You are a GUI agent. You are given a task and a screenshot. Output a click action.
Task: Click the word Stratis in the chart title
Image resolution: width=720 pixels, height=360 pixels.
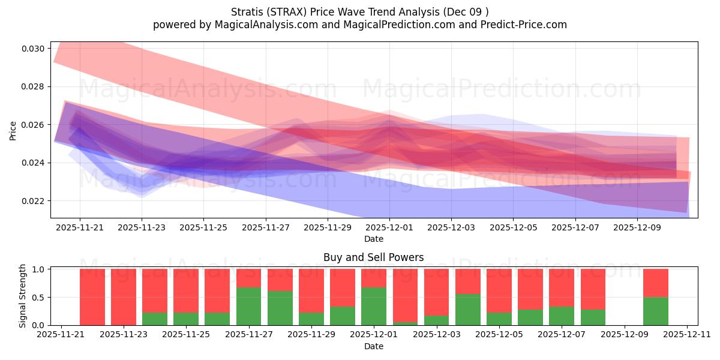pyautogui.click(x=247, y=11)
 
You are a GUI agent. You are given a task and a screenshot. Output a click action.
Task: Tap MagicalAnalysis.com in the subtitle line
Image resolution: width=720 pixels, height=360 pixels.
pyautogui.click(x=263, y=25)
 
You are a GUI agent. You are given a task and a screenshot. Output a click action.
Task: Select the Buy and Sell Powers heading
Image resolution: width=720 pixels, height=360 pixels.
pyautogui.click(x=373, y=257)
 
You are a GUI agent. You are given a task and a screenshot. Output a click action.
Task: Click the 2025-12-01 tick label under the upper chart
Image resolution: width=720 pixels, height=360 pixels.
pyautogui.click(x=389, y=228)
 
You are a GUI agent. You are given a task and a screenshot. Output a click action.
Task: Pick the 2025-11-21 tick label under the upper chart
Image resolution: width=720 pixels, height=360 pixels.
pyautogui.click(x=80, y=228)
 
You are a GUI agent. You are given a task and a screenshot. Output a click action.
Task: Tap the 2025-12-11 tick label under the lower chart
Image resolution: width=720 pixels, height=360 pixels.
pyautogui.click(x=687, y=335)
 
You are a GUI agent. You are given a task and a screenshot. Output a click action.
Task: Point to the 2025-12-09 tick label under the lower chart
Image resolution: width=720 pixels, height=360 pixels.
pyautogui.click(x=625, y=335)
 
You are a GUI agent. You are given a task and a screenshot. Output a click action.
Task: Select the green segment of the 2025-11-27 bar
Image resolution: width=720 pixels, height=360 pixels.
pyautogui.click(x=248, y=306)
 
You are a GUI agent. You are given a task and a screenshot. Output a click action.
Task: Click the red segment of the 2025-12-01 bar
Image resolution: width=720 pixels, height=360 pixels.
pyautogui.click(x=374, y=278)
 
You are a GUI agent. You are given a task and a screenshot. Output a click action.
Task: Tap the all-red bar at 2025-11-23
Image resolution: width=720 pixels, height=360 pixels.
pyautogui.click(x=124, y=296)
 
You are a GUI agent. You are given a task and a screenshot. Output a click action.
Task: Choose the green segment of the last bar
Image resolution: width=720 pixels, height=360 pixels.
pyautogui.click(x=655, y=311)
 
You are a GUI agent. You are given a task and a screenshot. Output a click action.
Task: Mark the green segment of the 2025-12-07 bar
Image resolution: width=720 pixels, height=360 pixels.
pyautogui.click(x=562, y=316)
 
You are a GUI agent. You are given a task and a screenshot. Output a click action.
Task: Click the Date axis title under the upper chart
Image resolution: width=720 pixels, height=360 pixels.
pyautogui.click(x=373, y=239)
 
